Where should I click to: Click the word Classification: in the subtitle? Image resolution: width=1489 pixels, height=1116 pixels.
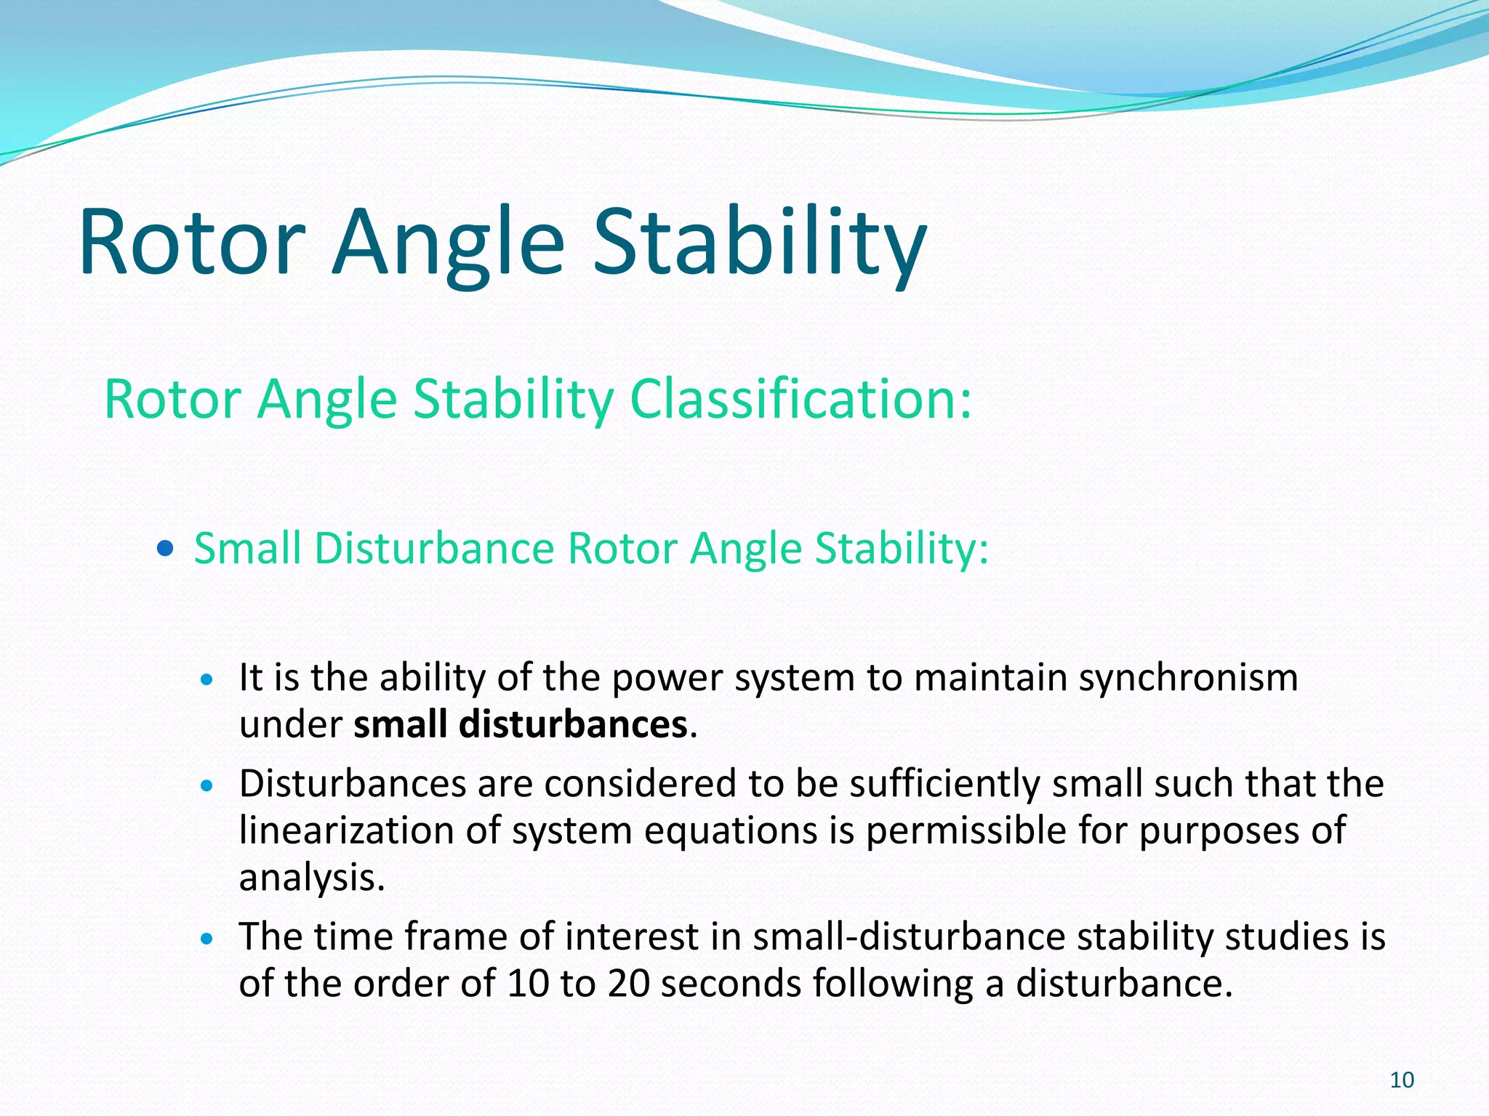point(800,399)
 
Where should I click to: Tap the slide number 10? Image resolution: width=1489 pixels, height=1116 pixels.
point(1402,1080)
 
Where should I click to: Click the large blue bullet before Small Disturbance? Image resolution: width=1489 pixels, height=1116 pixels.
point(165,548)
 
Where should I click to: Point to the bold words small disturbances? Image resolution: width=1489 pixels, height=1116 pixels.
point(520,724)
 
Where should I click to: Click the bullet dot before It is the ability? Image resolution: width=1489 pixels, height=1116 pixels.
point(208,680)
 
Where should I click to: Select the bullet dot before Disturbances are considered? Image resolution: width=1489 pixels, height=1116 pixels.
point(208,785)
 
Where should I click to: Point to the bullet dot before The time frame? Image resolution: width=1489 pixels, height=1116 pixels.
point(208,939)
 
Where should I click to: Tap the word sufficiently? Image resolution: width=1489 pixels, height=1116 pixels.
point(944,783)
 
